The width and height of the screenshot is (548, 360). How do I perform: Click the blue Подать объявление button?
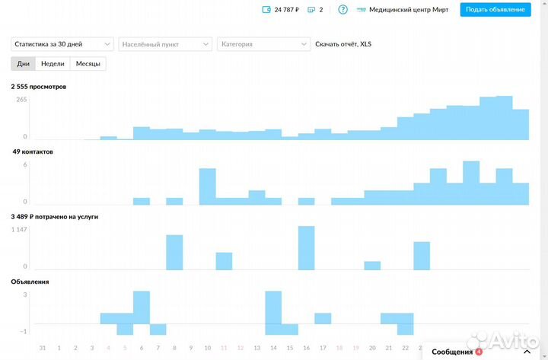495,10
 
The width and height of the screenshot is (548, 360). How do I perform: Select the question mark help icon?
342,10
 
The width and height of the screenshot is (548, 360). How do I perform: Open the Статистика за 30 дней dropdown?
62,44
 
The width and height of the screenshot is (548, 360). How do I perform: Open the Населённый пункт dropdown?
165,44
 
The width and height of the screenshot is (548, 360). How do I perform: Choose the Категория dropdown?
263,44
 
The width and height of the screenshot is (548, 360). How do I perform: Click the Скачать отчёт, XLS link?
343,44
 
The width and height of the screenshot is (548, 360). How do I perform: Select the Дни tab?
24,64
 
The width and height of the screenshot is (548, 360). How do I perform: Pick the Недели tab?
53,64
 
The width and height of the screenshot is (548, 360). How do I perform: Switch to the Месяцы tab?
88,64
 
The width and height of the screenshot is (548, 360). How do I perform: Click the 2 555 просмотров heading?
39,87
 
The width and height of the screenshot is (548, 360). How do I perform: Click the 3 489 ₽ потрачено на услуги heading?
55,217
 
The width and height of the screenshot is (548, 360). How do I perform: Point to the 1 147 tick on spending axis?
19,230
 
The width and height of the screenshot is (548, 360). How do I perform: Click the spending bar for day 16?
307,248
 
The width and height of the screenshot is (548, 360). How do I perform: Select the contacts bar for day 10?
208,186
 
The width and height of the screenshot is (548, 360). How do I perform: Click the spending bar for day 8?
174,253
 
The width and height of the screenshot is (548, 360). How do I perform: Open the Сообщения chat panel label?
452,352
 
